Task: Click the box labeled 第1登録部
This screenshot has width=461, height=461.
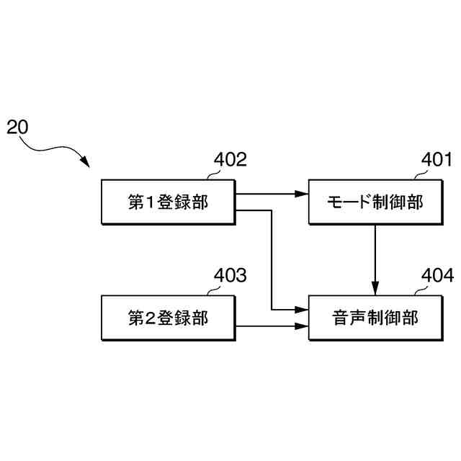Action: point(169,202)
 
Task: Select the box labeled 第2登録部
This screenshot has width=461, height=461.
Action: point(169,318)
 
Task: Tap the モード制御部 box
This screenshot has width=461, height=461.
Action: point(375,202)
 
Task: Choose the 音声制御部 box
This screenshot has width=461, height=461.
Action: point(375,318)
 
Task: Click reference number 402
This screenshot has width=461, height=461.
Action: point(230,159)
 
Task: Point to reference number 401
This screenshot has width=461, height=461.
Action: point(437,159)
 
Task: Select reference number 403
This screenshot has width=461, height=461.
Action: point(230,275)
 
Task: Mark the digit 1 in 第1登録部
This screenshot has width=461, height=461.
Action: point(151,202)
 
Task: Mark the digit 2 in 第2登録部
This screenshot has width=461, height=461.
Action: point(151,318)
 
